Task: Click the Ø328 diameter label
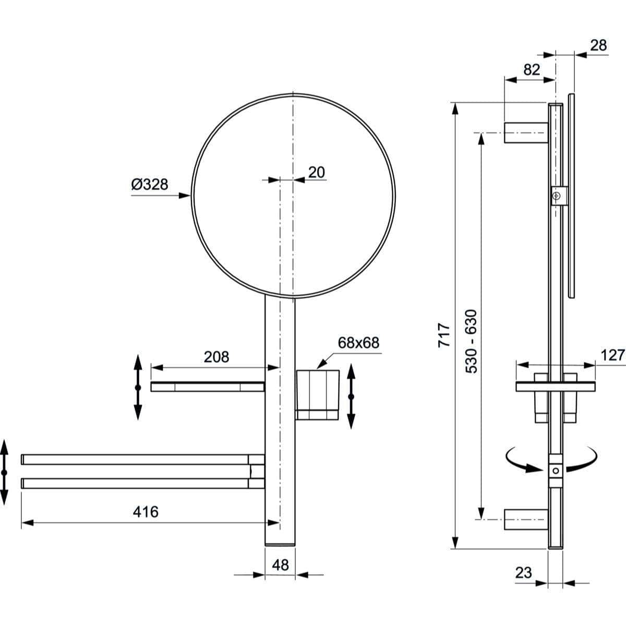point(150,184)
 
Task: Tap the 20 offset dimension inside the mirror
point(316,172)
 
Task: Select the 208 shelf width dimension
point(216,357)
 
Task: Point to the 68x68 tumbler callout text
point(358,343)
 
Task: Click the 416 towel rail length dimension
point(146,512)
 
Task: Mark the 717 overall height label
point(443,335)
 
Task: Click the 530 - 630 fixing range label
point(471,341)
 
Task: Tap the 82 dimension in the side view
point(532,69)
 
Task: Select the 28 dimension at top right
point(598,45)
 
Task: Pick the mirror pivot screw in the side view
point(557,196)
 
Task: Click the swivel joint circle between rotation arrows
point(556,470)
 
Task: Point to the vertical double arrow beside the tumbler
point(351,396)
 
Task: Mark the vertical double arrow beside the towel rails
point(4,472)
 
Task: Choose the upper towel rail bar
point(136,460)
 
